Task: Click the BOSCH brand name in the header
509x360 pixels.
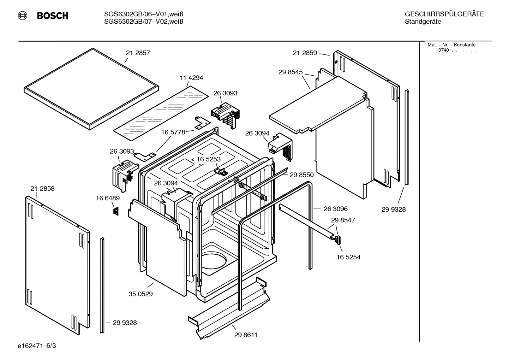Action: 52,16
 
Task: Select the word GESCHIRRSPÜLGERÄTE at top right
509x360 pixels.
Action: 444,14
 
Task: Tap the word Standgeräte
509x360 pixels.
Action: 423,22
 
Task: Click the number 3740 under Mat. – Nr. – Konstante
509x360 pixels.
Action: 443,50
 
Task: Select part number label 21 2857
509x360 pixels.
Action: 138,53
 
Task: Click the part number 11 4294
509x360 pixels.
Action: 191,78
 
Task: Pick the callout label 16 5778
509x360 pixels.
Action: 173,132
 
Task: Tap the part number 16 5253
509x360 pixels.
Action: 208,159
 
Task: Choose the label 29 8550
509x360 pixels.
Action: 301,175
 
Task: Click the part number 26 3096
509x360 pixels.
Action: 335,209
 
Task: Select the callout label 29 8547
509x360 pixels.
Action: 343,220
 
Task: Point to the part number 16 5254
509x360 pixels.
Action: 348,257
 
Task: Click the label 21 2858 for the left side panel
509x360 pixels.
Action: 42,189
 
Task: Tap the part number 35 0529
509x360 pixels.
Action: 140,294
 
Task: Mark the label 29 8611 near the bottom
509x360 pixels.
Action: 246,335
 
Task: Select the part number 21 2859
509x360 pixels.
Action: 305,53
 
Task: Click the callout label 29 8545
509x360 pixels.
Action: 291,72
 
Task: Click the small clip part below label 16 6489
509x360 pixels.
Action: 115,211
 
